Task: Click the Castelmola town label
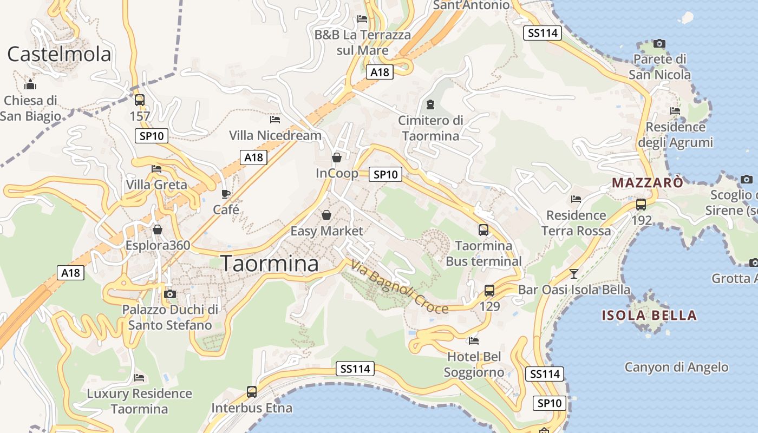(59, 54)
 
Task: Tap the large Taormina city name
(270, 264)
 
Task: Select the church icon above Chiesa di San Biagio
(30, 84)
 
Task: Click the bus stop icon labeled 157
(139, 100)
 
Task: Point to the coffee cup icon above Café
(226, 194)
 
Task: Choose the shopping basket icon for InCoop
(337, 158)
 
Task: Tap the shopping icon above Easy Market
(326, 215)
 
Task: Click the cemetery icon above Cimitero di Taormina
(430, 103)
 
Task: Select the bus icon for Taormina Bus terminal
(483, 229)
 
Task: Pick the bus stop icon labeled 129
(489, 290)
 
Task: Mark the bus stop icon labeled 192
(641, 204)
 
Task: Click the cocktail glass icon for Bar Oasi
(574, 273)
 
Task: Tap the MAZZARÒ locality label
(648, 183)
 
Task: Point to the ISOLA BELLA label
(649, 315)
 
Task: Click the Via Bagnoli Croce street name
(400, 287)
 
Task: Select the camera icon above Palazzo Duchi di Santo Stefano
(170, 294)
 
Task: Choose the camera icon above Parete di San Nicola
(659, 43)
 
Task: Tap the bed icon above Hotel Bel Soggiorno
(474, 340)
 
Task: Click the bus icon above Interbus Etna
(252, 391)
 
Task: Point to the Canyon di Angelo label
(676, 367)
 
